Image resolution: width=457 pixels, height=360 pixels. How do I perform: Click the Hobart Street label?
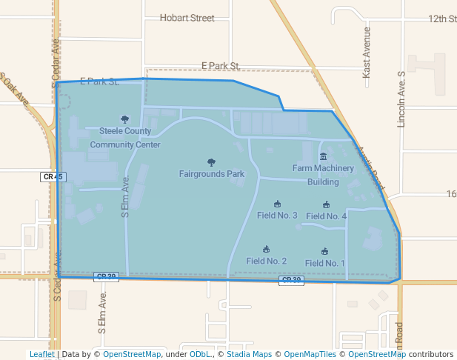[x=187, y=18]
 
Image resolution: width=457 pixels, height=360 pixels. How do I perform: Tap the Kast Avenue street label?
[x=366, y=64]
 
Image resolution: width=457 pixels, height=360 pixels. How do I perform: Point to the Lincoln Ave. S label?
[x=402, y=99]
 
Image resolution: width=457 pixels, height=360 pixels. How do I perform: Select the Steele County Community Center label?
[x=125, y=138]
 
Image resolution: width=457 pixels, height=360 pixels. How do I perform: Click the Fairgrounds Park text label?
[x=212, y=174]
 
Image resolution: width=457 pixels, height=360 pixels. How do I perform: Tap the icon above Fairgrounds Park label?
[x=212, y=162]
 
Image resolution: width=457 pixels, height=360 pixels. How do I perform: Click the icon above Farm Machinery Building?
[x=323, y=156]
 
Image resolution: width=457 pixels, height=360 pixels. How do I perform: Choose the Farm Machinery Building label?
[x=323, y=175]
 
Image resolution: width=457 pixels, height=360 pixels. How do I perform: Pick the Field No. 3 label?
[x=277, y=216]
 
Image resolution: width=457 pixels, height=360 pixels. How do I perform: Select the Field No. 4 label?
[x=326, y=216]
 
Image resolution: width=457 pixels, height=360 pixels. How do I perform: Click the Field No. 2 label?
[x=267, y=261]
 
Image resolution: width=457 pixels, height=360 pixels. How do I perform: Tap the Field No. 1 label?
[x=324, y=263]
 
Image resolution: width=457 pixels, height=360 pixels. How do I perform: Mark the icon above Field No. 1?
[x=324, y=252]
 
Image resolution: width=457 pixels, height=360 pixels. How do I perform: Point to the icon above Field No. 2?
[x=267, y=249]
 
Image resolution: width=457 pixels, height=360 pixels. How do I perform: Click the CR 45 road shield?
[x=53, y=177]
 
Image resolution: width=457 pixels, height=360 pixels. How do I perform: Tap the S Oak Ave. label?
[x=15, y=90]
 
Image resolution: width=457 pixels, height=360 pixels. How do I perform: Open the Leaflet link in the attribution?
[x=41, y=354]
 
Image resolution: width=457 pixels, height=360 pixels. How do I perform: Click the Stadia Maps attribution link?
[x=248, y=354]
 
